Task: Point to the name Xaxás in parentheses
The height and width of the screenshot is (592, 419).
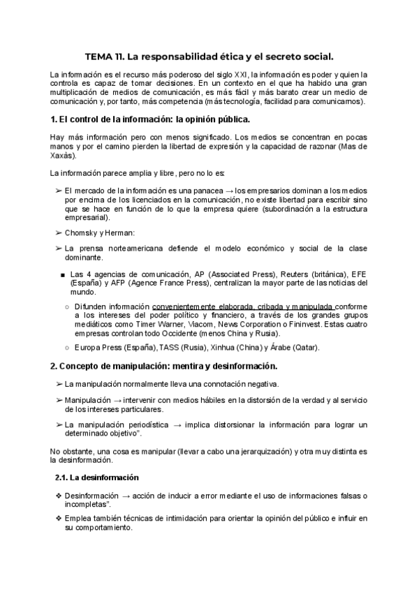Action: pos(63,156)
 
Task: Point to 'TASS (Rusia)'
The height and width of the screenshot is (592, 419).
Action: pos(185,347)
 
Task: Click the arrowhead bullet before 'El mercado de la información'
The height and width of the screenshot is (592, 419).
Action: pos(57,191)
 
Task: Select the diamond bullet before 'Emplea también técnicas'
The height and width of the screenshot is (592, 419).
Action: pos(58,519)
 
